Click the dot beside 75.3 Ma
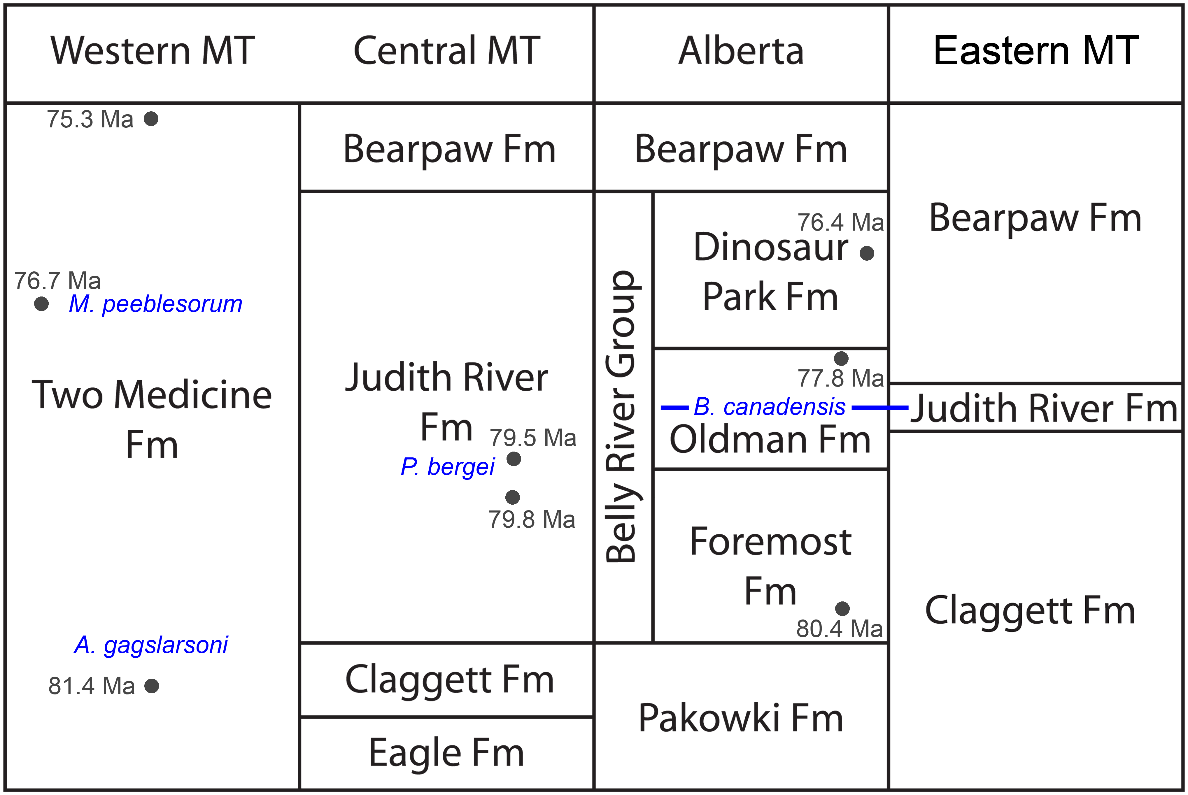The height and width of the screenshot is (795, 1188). (x=151, y=119)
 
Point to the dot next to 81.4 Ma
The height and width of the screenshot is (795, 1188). (x=152, y=686)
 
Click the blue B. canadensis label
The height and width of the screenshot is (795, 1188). (x=769, y=407)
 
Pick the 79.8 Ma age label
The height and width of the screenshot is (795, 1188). (x=532, y=520)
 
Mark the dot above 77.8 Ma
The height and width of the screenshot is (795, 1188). (x=841, y=359)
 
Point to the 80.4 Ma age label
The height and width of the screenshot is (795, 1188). (x=839, y=629)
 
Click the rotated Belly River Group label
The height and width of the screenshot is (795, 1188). (x=623, y=417)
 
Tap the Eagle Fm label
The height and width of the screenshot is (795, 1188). (x=446, y=753)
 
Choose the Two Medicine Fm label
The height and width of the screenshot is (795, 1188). (x=152, y=419)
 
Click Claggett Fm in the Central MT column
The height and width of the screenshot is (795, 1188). (x=449, y=680)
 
